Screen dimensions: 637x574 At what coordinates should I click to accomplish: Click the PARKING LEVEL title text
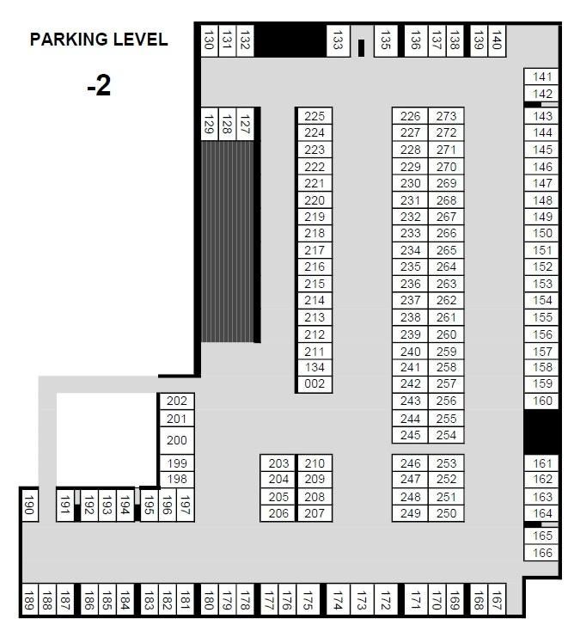pyautogui.click(x=99, y=40)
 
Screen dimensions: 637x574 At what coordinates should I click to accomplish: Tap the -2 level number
pyautogui.click(x=99, y=86)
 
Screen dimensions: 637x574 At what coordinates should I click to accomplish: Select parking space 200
pyautogui.click(x=177, y=440)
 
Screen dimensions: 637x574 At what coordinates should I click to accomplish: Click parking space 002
pyautogui.click(x=315, y=384)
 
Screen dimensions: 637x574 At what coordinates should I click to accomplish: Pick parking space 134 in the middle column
pyautogui.click(x=315, y=368)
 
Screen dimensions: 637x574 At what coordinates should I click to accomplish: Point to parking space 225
pyautogui.click(x=315, y=116)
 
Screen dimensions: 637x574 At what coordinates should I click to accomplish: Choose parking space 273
pyautogui.click(x=447, y=116)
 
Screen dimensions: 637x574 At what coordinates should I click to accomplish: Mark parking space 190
pyautogui.click(x=28, y=508)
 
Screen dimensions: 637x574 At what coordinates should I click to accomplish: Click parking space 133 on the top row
pyautogui.click(x=338, y=40)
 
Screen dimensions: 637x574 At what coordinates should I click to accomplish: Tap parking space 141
pyautogui.click(x=543, y=77)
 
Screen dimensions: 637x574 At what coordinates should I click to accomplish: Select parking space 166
pyautogui.click(x=543, y=554)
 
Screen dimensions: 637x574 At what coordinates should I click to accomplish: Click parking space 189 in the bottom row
pyautogui.click(x=28, y=600)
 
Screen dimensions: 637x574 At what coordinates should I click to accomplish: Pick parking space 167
pyautogui.click(x=497, y=600)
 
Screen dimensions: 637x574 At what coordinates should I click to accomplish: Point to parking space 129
pyautogui.click(x=208, y=125)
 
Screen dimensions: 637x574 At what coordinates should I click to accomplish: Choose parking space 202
pyautogui.click(x=177, y=401)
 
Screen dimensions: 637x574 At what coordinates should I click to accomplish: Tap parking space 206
pyautogui.click(x=278, y=513)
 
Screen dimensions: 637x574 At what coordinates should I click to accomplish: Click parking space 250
pyautogui.click(x=447, y=513)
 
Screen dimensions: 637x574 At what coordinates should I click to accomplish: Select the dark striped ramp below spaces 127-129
pyautogui.click(x=228, y=242)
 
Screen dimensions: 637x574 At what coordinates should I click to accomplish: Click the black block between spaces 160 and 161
pyautogui.click(x=541, y=432)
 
